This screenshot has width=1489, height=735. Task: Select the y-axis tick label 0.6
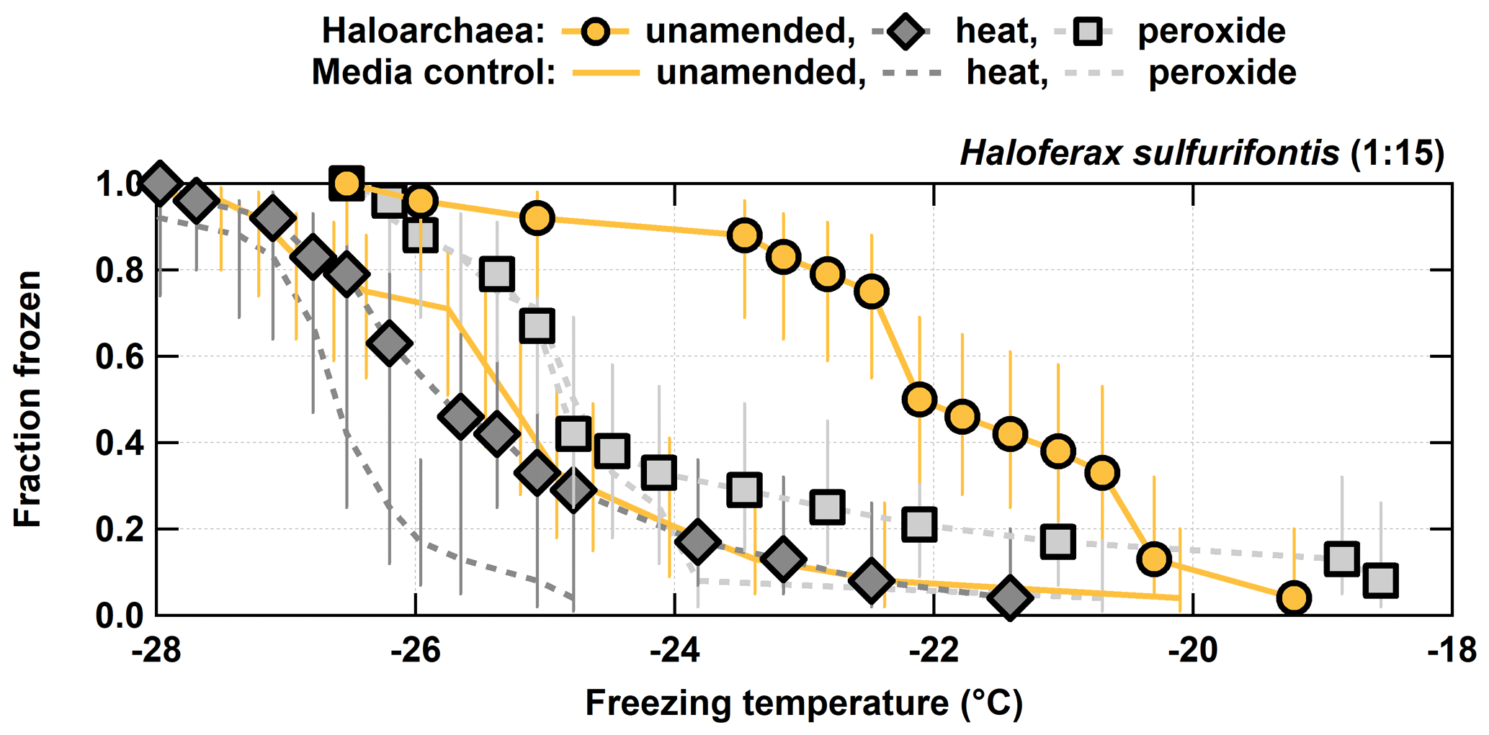tap(120, 357)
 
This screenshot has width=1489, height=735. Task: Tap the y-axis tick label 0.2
tap(120, 530)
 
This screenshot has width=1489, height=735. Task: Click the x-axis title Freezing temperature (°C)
tap(804, 703)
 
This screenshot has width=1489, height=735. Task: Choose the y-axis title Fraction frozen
tap(29, 400)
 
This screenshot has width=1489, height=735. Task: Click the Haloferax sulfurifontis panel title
tap(1202, 153)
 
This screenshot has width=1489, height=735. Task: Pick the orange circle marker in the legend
tap(597, 32)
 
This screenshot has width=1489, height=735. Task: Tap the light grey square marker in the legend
tap(1087, 32)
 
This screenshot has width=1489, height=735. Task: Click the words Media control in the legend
tap(433, 73)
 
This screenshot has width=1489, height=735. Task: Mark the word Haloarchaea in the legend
tap(432, 32)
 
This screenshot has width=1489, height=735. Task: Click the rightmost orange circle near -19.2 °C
tap(1294, 598)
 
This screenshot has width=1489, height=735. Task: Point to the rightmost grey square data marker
tap(1381, 580)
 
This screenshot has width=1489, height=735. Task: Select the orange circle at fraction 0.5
tap(919, 399)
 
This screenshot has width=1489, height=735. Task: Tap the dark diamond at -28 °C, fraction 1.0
tap(159, 183)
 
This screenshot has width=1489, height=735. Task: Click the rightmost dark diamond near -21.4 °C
tap(1010, 598)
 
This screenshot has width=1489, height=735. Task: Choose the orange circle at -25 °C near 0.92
tap(537, 217)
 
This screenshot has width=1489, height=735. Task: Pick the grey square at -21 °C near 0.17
tap(1058, 541)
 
